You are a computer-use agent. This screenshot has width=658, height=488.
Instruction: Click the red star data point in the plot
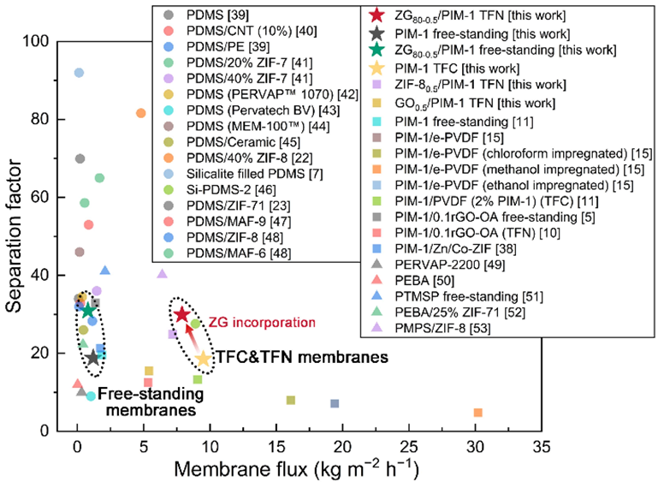[x=181, y=314]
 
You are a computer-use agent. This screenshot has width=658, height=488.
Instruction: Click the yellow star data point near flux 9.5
[x=203, y=358]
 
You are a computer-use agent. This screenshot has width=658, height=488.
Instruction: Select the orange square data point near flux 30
[x=477, y=413]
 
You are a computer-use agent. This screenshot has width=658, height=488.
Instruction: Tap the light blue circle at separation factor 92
[x=79, y=73]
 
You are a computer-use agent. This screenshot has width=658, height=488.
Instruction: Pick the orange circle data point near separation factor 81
[x=141, y=113]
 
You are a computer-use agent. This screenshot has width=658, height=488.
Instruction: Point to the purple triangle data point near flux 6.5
[x=163, y=274]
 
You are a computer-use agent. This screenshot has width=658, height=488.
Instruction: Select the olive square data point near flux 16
[x=291, y=400]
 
